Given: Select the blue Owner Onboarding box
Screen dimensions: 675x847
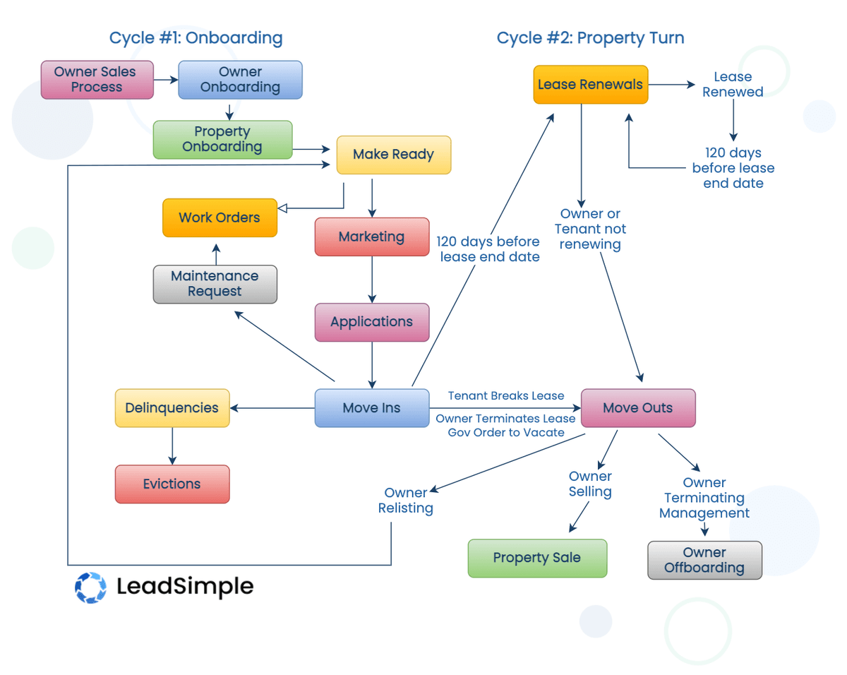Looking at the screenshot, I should coord(240,80).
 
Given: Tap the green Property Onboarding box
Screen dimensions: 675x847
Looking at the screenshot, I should coord(222,139).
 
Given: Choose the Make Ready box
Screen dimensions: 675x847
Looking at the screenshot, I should coord(393,155).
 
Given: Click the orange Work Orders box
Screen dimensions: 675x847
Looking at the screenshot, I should coord(220,217).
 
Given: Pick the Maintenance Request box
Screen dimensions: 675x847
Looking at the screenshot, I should coord(215,284).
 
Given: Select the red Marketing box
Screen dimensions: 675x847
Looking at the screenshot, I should coord(371,237).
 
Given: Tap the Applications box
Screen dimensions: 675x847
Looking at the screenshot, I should coord(371,322).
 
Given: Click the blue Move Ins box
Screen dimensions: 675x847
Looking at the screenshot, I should coord(371,408).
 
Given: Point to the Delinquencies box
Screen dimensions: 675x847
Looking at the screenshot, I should coord(172,408).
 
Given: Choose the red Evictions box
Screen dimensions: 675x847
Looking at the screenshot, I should coord(172,484).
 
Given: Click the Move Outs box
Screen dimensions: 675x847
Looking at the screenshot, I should coord(637,408).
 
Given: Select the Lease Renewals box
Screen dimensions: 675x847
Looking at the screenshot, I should coord(590,85).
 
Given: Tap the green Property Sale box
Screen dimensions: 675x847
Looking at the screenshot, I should coord(537,558).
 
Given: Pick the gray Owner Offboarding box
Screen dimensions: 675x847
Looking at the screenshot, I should coord(704,561).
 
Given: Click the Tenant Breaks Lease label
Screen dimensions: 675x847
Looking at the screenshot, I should coord(506,396).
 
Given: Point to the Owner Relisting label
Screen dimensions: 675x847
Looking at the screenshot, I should coord(405,501).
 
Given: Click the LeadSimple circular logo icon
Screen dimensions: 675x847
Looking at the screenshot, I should coord(90,587).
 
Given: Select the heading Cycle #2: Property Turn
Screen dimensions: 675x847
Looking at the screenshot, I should coord(590,38).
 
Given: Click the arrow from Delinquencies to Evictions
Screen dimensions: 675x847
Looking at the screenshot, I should coord(172,446).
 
